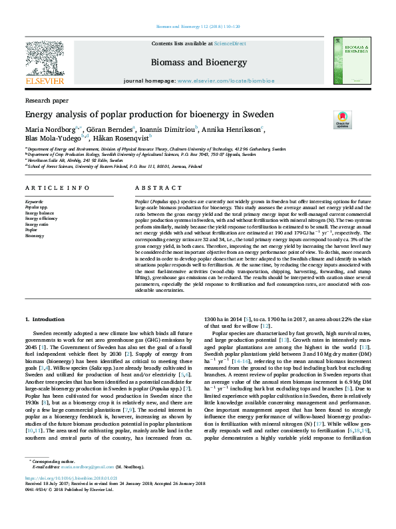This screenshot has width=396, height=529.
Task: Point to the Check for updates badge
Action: pyautogui.click(x=342, y=120)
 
